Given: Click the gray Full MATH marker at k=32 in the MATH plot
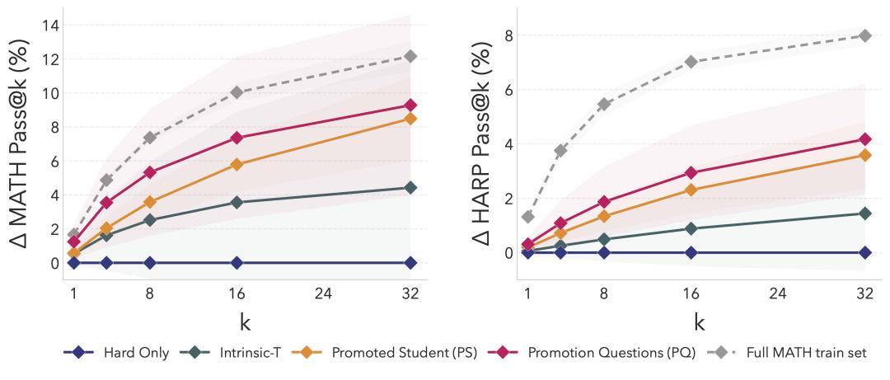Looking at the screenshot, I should point(410,56).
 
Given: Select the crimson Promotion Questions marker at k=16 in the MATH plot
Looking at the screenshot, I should point(237,138).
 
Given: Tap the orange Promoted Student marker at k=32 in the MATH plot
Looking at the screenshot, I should point(410,119).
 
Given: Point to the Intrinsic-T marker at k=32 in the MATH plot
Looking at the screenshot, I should point(410,188).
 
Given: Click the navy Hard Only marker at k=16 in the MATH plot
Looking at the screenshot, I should point(237,262).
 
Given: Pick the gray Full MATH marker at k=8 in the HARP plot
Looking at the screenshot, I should point(604,104).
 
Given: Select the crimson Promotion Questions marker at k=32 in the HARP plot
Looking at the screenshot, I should point(864,139).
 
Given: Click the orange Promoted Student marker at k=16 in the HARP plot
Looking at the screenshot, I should point(691,190).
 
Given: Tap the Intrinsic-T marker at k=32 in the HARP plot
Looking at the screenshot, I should point(864,213).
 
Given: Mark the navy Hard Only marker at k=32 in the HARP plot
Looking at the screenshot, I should point(864,252).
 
